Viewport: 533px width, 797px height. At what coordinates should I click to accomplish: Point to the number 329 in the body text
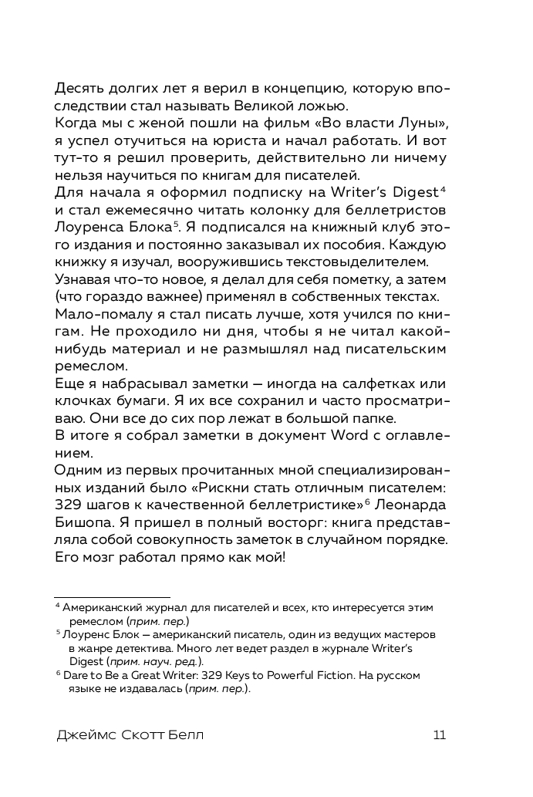75,505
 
